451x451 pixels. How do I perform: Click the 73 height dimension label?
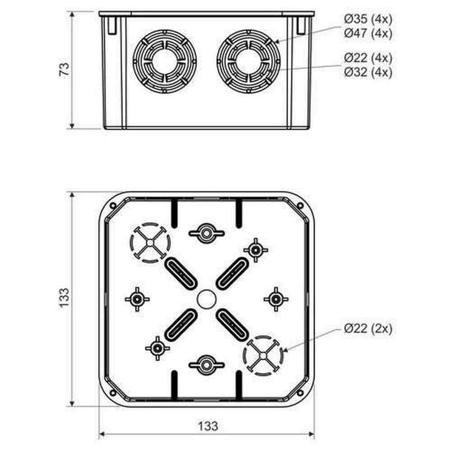(x=64, y=69)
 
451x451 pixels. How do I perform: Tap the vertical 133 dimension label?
(x=64, y=298)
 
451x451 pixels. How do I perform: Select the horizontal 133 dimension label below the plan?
(x=208, y=426)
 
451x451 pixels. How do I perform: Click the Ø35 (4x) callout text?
(x=368, y=19)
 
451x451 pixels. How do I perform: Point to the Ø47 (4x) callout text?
(x=368, y=33)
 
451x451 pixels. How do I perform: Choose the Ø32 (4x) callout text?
(x=368, y=72)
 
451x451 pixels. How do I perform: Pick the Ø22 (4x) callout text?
(x=368, y=58)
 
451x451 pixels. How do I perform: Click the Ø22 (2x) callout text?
(x=368, y=328)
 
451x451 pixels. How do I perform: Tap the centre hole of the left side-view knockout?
(x=165, y=61)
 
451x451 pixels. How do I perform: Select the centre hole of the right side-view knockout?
(x=248, y=61)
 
